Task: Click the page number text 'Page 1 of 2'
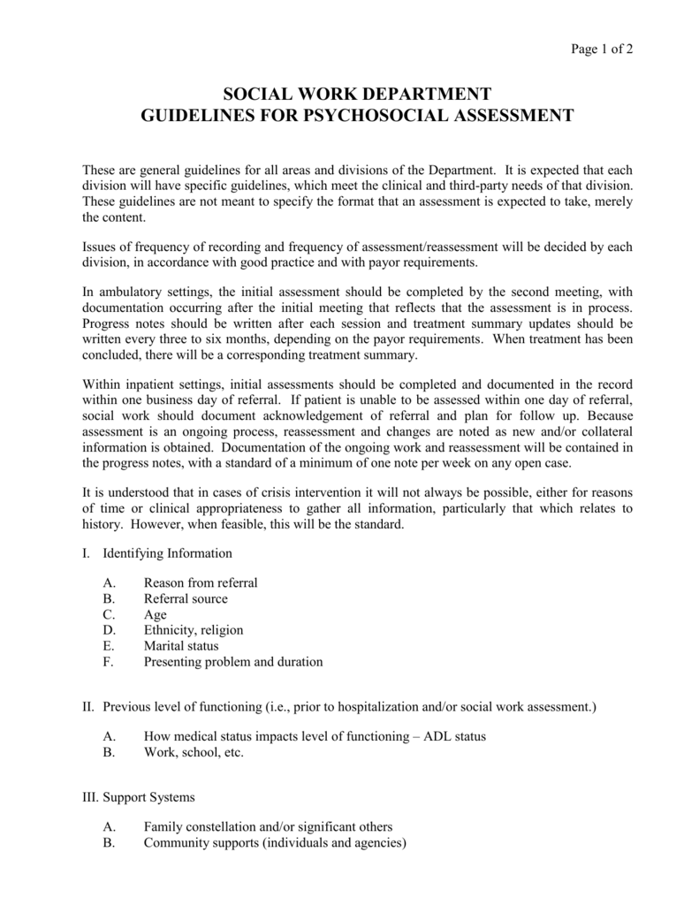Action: point(601,49)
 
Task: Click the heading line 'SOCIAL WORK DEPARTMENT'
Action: point(357,95)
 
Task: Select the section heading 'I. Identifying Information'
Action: point(157,553)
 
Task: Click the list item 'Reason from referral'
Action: point(201,583)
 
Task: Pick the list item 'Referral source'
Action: point(186,599)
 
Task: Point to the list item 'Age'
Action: point(155,615)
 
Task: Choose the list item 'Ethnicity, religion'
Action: point(194,630)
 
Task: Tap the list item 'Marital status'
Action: point(181,646)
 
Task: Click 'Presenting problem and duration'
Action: point(233,662)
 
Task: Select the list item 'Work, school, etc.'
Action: point(194,753)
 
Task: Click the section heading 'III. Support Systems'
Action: point(139,798)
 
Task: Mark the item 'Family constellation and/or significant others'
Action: point(268,828)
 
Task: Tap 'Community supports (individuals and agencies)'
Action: point(275,843)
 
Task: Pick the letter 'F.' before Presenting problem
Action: point(108,662)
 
